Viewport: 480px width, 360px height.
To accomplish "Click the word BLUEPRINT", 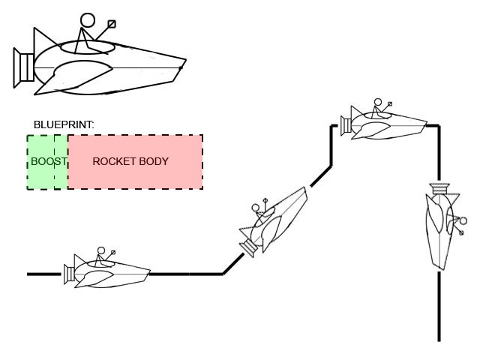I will coord(64,124).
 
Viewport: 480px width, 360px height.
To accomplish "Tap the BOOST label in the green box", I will coord(48,161).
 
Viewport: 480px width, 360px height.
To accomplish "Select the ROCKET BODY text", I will coord(130,161).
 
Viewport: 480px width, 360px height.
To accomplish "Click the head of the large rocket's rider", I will coord(88,20).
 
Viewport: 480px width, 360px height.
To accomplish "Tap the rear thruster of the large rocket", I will coord(22,66).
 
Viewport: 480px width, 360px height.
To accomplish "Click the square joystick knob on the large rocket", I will coord(112,24).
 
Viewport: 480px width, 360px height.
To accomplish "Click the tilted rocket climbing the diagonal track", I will coord(276,221).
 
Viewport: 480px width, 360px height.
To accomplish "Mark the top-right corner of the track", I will coord(439,126).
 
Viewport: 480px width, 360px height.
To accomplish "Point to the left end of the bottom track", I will coord(28,274).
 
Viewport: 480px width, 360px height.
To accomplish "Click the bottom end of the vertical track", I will coord(439,340).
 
